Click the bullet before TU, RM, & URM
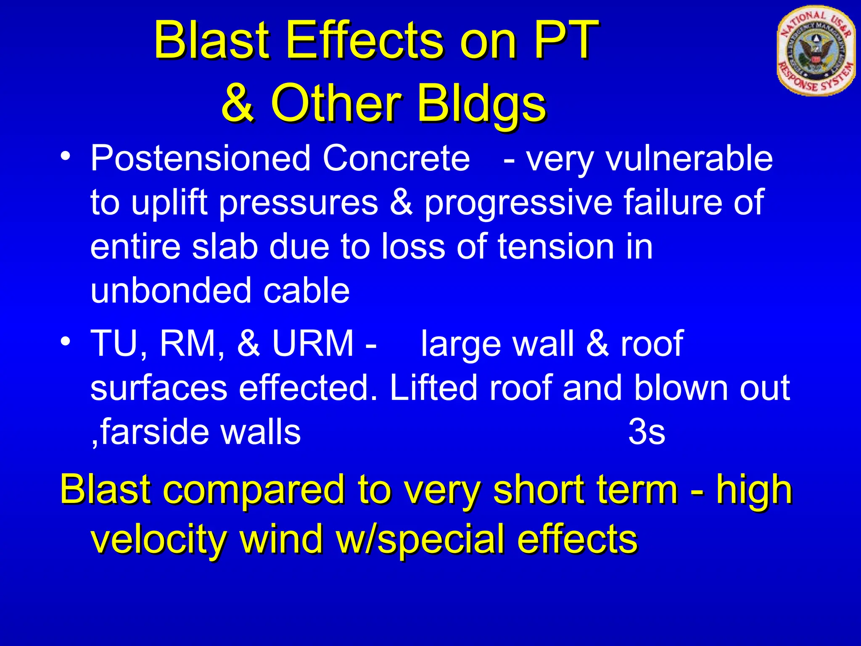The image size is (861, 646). [x=65, y=341]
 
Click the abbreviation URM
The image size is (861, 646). [x=313, y=343]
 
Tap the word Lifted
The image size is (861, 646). [x=433, y=388]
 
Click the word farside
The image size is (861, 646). [x=156, y=432]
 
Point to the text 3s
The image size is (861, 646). [x=647, y=432]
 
